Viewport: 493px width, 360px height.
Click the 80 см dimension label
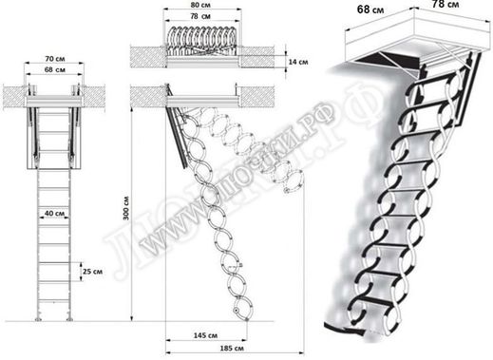coord(200,5)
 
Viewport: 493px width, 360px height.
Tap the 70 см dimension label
coord(55,59)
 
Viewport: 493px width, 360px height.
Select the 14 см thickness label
coord(298,62)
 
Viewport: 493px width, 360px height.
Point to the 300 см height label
coord(126,208)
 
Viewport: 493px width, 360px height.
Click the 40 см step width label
coord(54,214)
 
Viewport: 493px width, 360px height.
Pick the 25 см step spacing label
coord(92,272)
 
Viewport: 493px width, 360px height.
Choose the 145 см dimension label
coord(205,335)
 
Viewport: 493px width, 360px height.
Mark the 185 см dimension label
coord(232,348)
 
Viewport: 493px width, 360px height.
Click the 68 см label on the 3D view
coord(370,9)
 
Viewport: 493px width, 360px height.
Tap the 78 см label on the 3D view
coord(446,4)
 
